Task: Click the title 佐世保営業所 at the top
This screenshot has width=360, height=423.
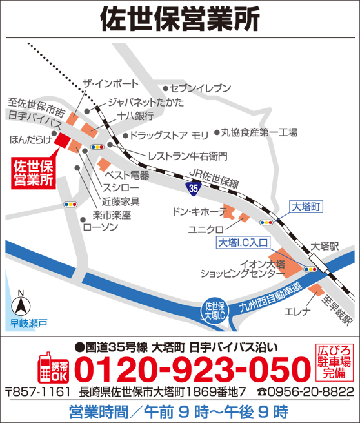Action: pyautogui.click(x=180, y=19)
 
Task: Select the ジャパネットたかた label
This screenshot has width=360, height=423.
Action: pyautogui.click(x=145, y=103)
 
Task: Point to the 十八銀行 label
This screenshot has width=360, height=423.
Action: pyautogui.click(x=135, y=116)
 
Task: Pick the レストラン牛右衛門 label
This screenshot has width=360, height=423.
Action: pyautogui.click(x=187, y=156)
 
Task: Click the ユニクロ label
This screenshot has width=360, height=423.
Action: pyautogui.click(x=206, y=229)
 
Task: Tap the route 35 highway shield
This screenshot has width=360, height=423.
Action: pyautogui.click(x=194, y=187)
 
